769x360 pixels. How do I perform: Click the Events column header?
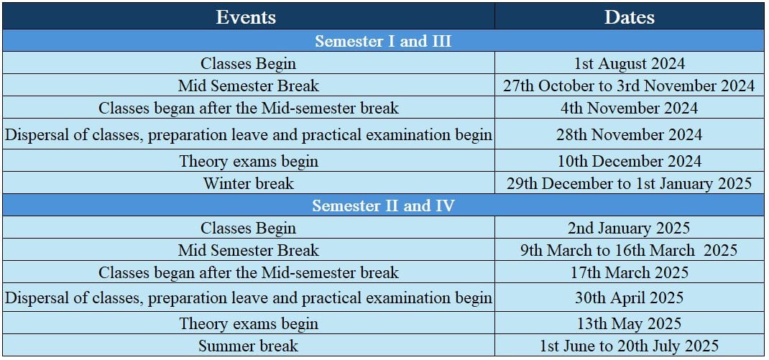click(x=247, y=18)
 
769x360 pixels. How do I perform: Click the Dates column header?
click(x=630, y=18)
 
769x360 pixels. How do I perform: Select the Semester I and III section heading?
click(x=383, y=41)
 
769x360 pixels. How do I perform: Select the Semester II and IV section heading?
click(x=383, y=206)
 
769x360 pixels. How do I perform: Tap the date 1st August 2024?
click(x=630, y=64)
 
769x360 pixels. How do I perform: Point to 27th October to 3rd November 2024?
click(x=630, y=86)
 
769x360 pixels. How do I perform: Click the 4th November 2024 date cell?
click(x=630, y=108)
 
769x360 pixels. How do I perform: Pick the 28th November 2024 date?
click(x=630, y=134)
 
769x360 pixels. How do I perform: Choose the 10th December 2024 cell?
click(x=630, y=161)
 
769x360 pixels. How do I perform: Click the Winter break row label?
click(x=249, y=183)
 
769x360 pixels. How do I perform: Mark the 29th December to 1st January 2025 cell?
click(x=630, y=183)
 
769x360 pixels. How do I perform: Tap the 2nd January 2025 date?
click(x=630, y=228)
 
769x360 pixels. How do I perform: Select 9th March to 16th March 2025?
click(x=630, y=250)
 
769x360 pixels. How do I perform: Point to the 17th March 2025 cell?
click(x=630, y=272)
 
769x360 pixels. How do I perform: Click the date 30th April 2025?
click(x=630, y=297)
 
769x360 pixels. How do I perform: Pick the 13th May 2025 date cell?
click(x=630, y=323)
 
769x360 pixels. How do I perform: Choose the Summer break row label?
click(x=249, y=346)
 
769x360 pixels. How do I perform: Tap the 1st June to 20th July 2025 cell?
click(x=630, y=346)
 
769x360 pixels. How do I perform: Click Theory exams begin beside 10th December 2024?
click(x=249, y=161)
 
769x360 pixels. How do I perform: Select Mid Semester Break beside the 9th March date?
click(x=249, y=250)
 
